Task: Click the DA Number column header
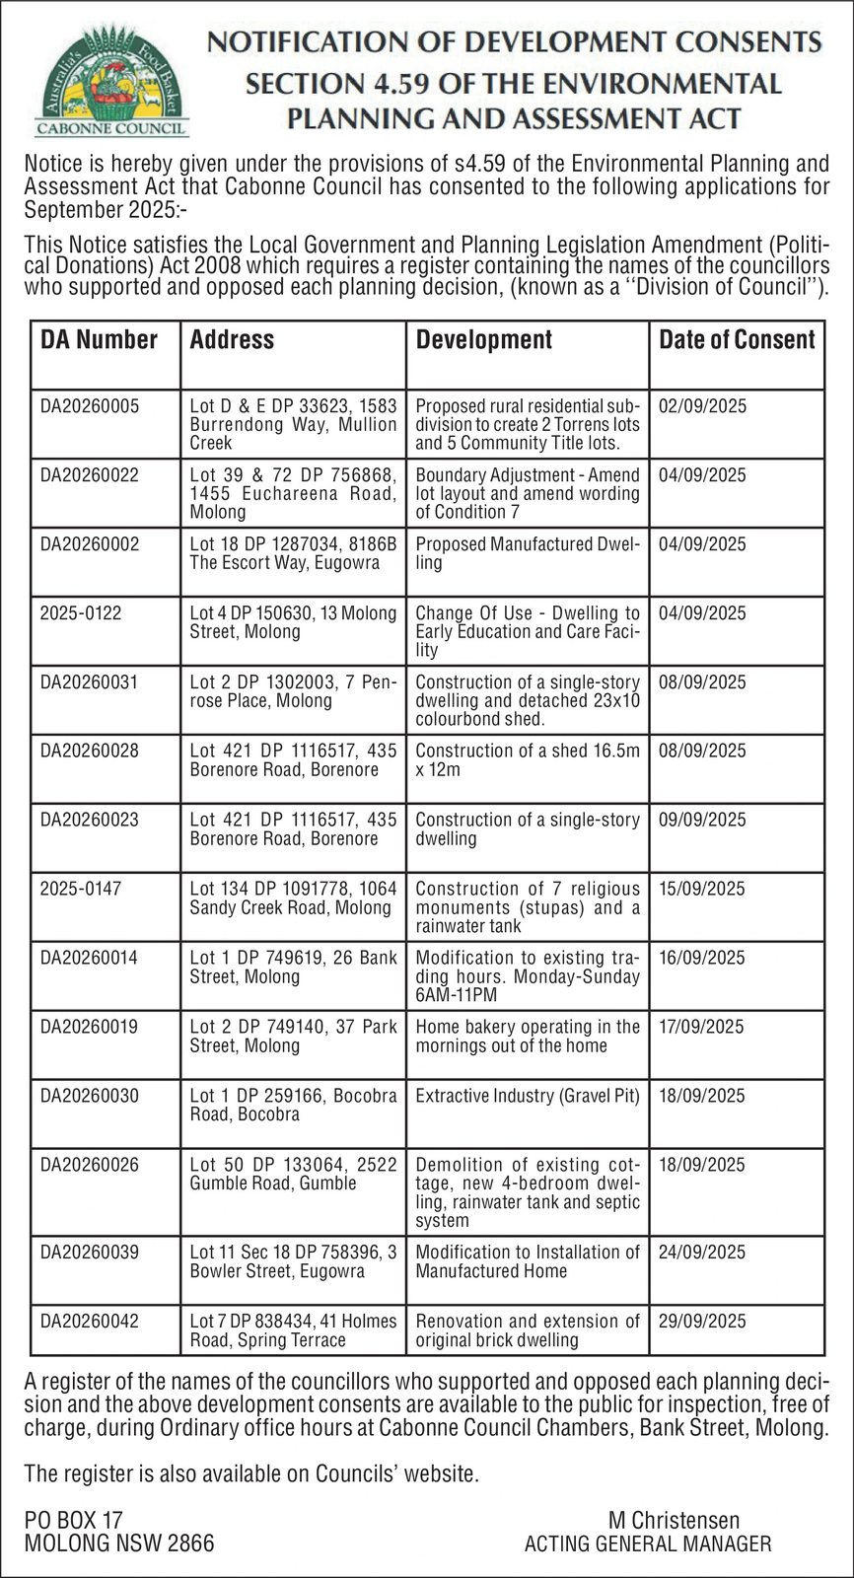(99, 340)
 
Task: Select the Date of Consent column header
(737, 340)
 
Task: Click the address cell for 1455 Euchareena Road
(293, 493)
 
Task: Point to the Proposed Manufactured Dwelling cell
(528, 553)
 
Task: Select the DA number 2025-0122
(81, 613)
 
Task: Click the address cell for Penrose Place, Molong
(293, 691)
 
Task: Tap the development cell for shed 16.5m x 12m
(528, 760)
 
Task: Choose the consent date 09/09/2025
(702, 821)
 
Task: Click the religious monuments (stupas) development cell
(528, 907)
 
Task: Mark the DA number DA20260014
(90, 958)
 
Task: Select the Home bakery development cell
(528, 1036)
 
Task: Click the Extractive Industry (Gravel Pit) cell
(528, 1096)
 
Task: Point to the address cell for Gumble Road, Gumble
(293, 1174)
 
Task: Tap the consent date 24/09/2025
(702, 1253)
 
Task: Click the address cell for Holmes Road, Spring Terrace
(293, 1330)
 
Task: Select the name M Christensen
(674, 1521)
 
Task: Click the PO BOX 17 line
(74, 1521)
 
